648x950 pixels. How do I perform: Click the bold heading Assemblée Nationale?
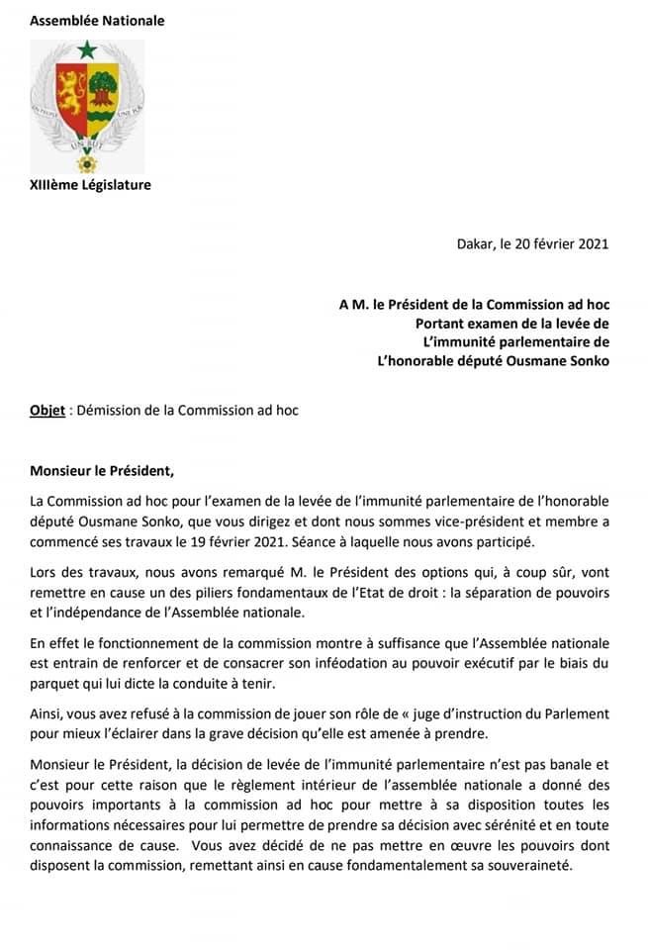tap(97, 20)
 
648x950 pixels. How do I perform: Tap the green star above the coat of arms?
tap(87, 49)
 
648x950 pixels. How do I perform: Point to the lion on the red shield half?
tap(70, 91)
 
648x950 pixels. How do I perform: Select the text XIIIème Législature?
tap(90, 184)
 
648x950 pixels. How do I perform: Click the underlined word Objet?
tap(47, 410)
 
